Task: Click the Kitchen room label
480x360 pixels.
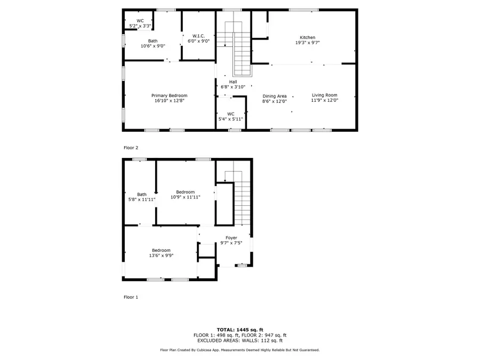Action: click(307, 37)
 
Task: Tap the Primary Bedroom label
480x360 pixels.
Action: click(169, 95)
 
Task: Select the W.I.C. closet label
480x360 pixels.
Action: click(198, 36)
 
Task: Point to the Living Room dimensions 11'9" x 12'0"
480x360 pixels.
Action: click(324, 100)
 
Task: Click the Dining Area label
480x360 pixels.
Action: click(274, 96)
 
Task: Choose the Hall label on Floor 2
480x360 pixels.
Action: click(233, 82)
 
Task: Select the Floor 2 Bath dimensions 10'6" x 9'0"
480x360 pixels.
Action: click(153, 46)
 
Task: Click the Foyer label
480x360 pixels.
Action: click(231, 237)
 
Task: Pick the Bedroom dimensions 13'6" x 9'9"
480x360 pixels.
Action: click(161, 255)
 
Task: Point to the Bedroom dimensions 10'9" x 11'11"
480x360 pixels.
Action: click(185, 197)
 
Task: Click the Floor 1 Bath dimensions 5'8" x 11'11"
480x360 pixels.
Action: click(142, 199)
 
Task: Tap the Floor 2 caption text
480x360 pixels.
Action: click(131, 148)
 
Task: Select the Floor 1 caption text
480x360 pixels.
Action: click(131, 297)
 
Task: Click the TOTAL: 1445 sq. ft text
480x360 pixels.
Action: click(240, 330)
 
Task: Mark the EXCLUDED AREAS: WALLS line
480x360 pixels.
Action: click(240, 340)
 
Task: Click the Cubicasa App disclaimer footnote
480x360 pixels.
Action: click(239, 350)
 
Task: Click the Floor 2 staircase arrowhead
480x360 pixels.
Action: click(225, 45)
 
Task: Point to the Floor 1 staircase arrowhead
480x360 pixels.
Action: click(225, 180)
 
